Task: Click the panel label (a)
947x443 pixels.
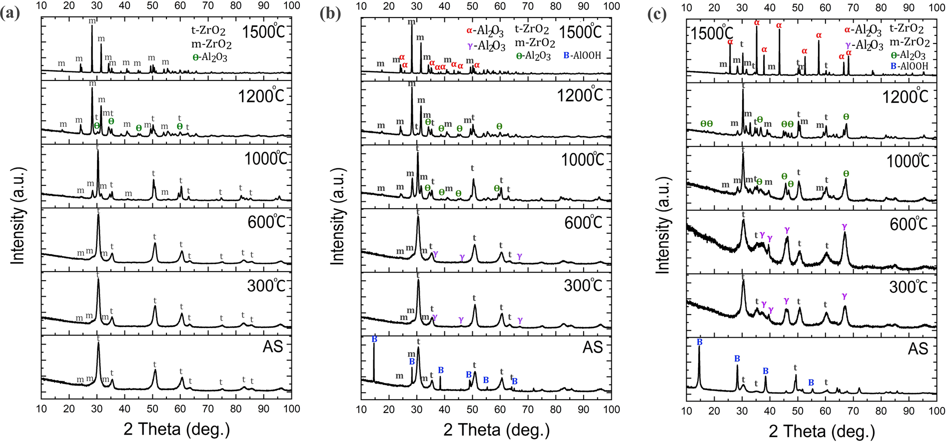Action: [x=10, y=13]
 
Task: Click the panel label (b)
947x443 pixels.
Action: [x=330, y=13]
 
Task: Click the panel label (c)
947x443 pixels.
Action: [x=656, y=14]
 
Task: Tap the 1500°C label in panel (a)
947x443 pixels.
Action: [x=263, y=31]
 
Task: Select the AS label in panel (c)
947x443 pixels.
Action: [x=918, y=348]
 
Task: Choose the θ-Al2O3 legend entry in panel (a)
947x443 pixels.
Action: [x=210, y=57]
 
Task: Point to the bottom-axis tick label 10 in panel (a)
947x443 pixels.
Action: [x=41, y=409]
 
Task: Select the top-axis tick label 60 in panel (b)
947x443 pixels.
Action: [x=500, y=6]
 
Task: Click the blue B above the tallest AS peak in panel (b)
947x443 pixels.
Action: [x=374, y=339]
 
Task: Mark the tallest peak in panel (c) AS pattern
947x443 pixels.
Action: [x=699, y=348]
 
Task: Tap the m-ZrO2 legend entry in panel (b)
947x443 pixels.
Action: [x=535, y=43]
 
